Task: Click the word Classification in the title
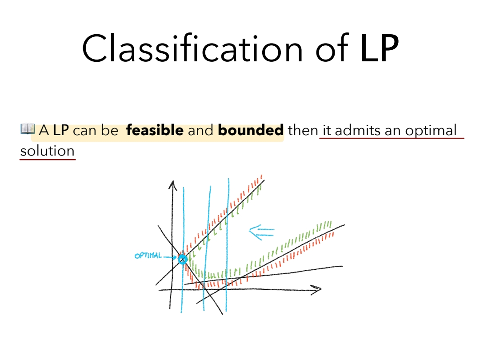pos(192,48)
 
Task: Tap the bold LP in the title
pos(379,48)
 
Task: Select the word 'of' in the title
pos(332,48)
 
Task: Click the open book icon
pos(28,129)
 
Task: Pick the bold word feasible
pos(155,130)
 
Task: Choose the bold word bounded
pos(251,130)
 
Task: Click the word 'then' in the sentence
pos(303,130)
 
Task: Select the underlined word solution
pos(48,151)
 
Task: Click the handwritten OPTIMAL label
pos(148,256)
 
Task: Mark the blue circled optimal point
pos(183,260)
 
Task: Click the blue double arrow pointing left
pos(261,232)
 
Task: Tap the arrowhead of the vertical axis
pos(172,185)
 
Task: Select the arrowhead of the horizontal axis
pos(316,290)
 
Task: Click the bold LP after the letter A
pos(60,130)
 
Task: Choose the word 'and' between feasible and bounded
pos(200,130)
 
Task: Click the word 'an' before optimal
pos(393,131)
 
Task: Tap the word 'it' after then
pos(327,130)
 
